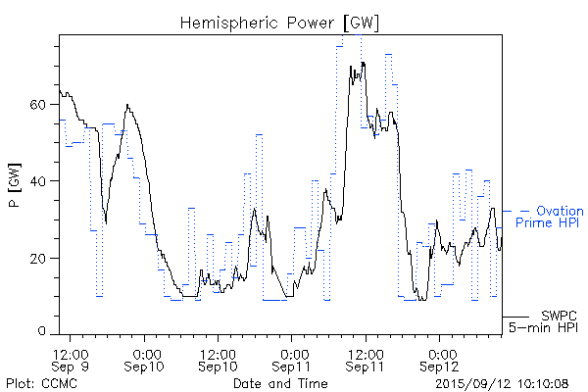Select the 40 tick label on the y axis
coord(39,181)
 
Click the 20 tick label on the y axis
coord(39,258)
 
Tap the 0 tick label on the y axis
coord(43,334)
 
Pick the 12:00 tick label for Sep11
coord(365,352)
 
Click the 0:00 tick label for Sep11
coord(292,352)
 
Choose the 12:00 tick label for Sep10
coord(218,352)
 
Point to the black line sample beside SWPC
coord(517,316)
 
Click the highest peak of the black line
coord(363,63)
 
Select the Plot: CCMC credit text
coord(36,382)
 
